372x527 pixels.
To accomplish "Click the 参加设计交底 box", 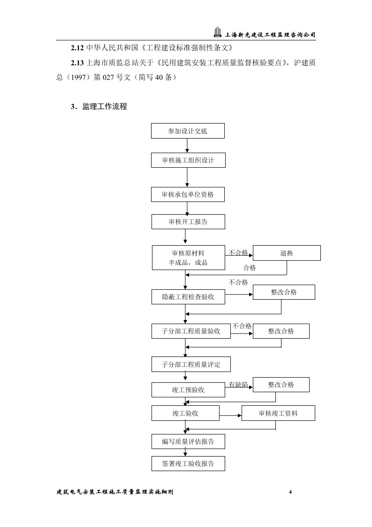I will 188,131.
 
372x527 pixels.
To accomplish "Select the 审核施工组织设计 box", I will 188,160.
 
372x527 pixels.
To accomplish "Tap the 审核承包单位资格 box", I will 188,194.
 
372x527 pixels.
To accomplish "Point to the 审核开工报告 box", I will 188,222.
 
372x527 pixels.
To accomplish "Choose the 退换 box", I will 287,253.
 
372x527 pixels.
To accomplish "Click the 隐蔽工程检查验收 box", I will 188,297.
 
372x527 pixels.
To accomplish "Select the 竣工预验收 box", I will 188,389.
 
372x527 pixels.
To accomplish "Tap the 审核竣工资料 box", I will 278,413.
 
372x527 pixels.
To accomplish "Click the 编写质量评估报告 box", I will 188,442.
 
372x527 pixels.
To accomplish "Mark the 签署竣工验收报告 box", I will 188,464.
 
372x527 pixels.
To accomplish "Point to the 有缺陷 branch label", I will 238,385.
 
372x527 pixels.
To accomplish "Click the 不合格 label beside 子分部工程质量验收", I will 242,326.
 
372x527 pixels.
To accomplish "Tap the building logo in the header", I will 217,33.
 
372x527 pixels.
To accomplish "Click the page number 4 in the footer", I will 290,492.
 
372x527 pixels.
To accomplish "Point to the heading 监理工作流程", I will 104,107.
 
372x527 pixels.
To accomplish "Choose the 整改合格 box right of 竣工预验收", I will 281,385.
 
